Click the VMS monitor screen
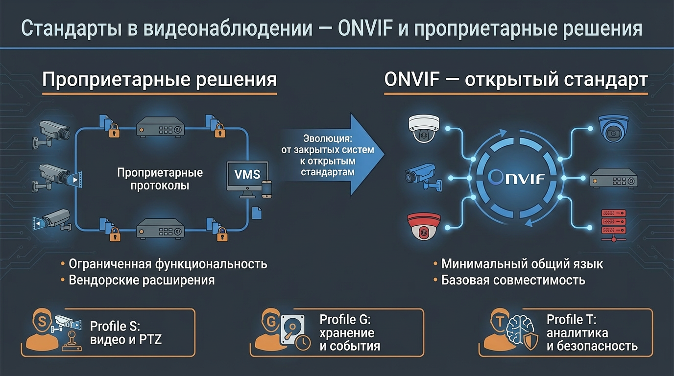pyautogui.click(x=247, y=174)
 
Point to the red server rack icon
pyautogui.click(x=613, y=224)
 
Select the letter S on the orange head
pyautogui.click(x=42, y=322)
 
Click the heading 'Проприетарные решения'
pyautogui.click(x=159, y=79)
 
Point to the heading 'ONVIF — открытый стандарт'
pyautogui.click(x=516, y=79)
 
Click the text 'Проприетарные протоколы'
pyautogui.click(x=160, y=179)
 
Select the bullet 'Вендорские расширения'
pyautogui.click(x=142, y=281)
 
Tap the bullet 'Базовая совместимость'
pyautogui.click(x=513, y=281)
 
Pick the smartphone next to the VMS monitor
pyautogui.click(x=267, y=189)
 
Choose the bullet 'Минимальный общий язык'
pyautogui.click(x=522, y=264)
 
